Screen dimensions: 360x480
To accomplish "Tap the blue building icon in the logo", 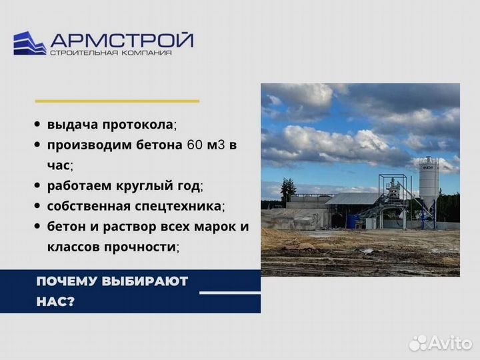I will click(30, 43).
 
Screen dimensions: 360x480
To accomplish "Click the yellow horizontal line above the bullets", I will click(117, 101).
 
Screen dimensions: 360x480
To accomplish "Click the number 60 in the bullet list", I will click(197, 145).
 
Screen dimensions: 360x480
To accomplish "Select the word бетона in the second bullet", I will click(156, 145).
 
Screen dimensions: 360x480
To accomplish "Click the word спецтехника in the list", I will click(183, 205).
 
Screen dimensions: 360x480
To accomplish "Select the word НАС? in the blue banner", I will click(56, 301).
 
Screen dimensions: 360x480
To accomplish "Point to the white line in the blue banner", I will click(230, 292).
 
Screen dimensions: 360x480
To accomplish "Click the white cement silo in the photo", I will click(428, 183).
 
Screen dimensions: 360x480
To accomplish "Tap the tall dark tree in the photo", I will click(288, 191).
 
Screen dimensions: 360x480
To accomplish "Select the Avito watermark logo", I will click(441, 343).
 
